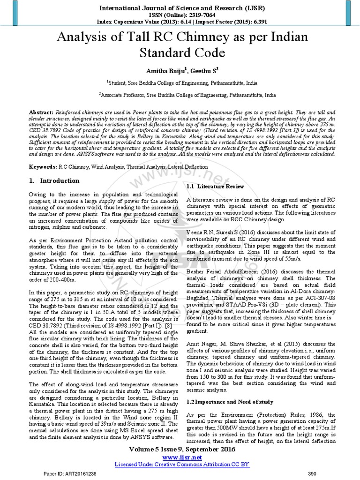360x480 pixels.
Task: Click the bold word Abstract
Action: point(42,113)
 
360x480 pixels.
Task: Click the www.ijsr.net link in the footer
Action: point(180,457)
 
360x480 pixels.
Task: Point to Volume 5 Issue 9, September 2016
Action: point(180,449)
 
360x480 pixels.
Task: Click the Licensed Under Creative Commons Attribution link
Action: point(180,464)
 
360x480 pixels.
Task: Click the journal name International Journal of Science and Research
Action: point(180,7)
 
